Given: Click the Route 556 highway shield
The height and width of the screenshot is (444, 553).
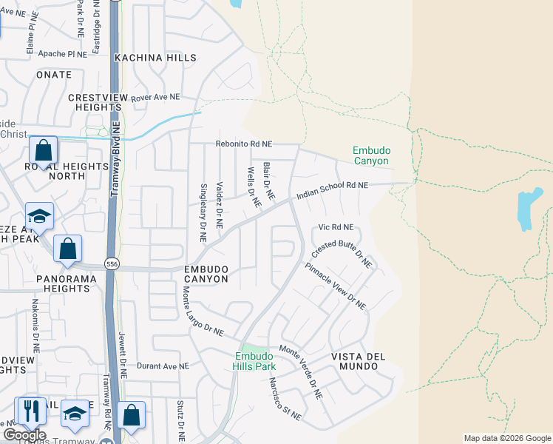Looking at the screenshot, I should point(112,264).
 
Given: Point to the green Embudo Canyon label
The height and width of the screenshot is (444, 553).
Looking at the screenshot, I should point(371,155).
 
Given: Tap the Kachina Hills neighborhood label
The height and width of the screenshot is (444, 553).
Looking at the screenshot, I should point(156,58).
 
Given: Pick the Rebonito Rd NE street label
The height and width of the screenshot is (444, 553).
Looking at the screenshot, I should point(244,144).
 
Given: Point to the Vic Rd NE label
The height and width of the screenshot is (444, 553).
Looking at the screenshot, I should point(336,227).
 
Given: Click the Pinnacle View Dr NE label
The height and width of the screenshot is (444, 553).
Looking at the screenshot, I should point(336,285).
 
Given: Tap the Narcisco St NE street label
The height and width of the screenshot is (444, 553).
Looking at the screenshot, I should point(285,399).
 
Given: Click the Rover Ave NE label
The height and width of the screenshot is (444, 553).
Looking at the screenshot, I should point(155,97).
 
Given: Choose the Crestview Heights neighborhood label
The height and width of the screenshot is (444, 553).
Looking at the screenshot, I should point(94,102).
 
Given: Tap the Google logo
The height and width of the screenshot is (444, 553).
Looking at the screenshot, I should point(24,435).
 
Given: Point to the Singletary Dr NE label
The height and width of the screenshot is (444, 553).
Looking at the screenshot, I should point(203,212).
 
